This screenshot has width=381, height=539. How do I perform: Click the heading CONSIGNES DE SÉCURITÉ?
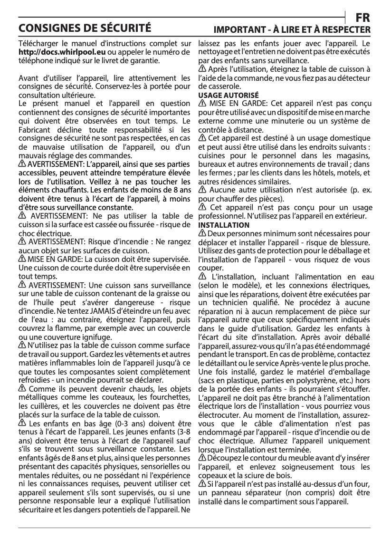85,27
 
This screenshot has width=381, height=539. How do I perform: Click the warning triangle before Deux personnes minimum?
201,233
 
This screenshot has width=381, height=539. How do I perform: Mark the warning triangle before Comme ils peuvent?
22,389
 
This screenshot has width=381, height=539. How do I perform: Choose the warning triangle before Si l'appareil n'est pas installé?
201,483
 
